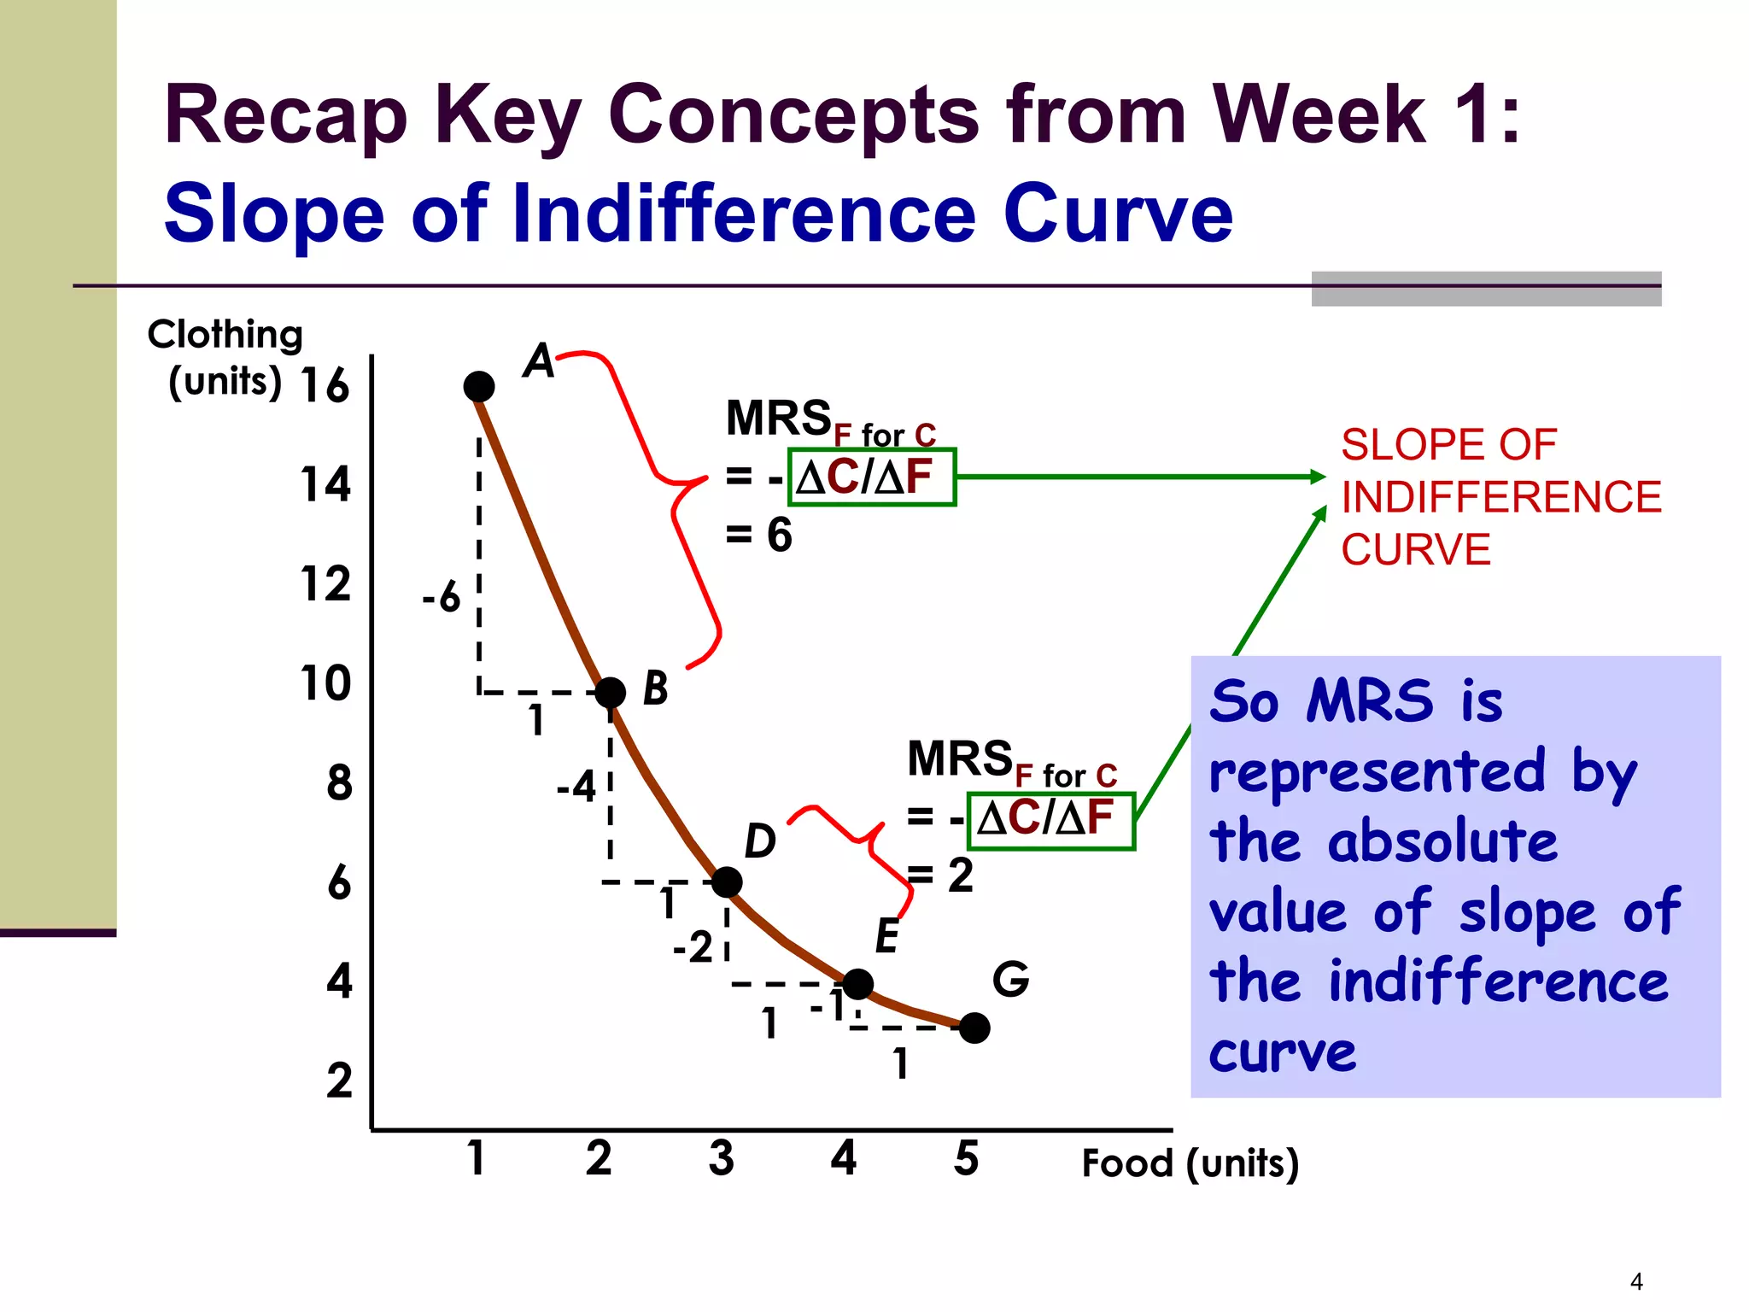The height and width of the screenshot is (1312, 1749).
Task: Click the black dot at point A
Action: [478, 386]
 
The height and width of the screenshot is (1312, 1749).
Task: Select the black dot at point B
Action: [610, 692]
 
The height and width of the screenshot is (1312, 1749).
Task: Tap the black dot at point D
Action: [727, 882]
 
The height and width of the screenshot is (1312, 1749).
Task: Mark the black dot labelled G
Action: [974, 1028]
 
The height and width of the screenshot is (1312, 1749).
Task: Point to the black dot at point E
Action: [857, 984]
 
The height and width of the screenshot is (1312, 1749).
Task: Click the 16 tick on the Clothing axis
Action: [325, 385]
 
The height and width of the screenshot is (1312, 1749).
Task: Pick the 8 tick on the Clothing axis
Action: [339, 783]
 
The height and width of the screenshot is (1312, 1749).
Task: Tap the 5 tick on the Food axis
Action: [966, 1159]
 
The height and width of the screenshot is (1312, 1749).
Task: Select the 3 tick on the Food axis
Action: [721, 1159]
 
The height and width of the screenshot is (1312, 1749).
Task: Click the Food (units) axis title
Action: [1190, 1163]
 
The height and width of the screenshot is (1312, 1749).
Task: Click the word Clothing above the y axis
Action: [225, 335]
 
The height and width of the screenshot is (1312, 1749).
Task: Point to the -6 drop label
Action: [442, 596]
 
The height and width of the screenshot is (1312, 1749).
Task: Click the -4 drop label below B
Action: [576, 786]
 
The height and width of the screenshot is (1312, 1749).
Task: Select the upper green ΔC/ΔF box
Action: [871, 477]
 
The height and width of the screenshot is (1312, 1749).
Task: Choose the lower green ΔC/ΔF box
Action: [1051, 820]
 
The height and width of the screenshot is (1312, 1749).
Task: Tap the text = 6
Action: [758, 536]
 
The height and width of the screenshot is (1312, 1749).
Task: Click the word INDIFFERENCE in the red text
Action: [1500, 497]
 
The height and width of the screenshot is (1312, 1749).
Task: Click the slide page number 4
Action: [1636, 1281]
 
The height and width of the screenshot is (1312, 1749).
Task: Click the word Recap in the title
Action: [286, 115]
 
